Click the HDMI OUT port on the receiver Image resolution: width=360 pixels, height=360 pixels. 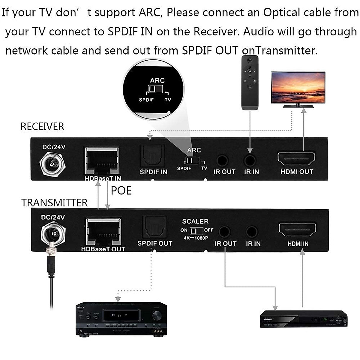click(296, 158)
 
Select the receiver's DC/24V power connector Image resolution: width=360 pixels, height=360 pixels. click(53, 164)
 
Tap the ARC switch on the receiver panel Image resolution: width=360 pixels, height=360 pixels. click(192, 161)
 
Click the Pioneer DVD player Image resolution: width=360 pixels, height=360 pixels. click(303, 319)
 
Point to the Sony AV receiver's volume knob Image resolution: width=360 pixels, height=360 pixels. click(157, 315)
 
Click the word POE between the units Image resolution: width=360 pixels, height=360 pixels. click(121, 191)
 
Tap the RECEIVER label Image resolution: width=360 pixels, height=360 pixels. click(42, 127)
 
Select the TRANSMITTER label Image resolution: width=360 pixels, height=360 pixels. click(54, 203)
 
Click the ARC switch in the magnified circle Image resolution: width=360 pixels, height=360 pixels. click(156, 89)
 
